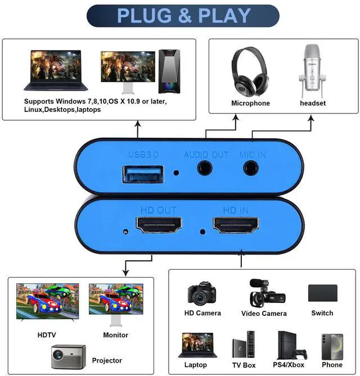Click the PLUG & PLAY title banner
183,16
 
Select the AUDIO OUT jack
206,167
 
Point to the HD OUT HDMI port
159,226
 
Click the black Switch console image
322,293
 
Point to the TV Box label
244,365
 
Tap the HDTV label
47,335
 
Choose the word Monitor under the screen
115,335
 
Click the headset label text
313,103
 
